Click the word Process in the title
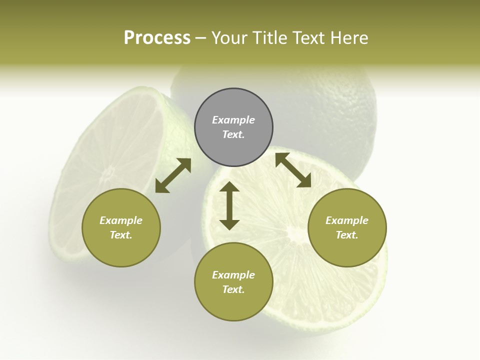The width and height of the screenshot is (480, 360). (x=157, y=38)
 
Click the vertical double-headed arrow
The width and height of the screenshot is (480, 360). (x=229, y=205)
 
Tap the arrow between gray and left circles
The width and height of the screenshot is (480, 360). (x=173, y=175)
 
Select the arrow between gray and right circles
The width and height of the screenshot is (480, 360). (x=293, y=170)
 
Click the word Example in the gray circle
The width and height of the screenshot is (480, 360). (x=233, y=120)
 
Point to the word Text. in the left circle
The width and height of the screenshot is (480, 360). (x=121, y=235)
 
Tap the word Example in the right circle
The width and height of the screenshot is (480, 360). (x=347, y=220)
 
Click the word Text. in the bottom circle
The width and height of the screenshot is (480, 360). (x=233, y=289)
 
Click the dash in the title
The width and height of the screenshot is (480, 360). (x=200, y=38)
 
